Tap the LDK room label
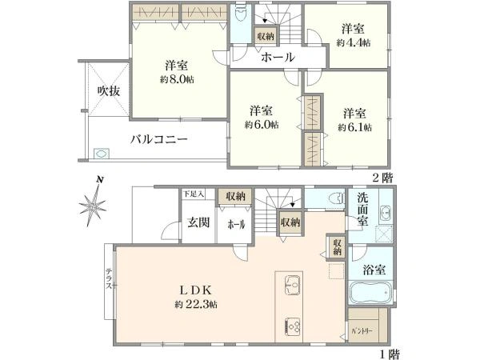[194, 290]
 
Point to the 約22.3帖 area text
[194, 305]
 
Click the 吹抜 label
[103, 90]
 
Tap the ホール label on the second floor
[278, 58]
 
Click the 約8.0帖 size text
[177, 79]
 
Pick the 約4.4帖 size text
[353, 42]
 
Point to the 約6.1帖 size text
[354, 125]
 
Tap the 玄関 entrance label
[198, 223]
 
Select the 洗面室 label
[362, 210]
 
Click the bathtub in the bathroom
[370, 293]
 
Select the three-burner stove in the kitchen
[291, 326]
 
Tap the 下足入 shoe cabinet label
[194, 194]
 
